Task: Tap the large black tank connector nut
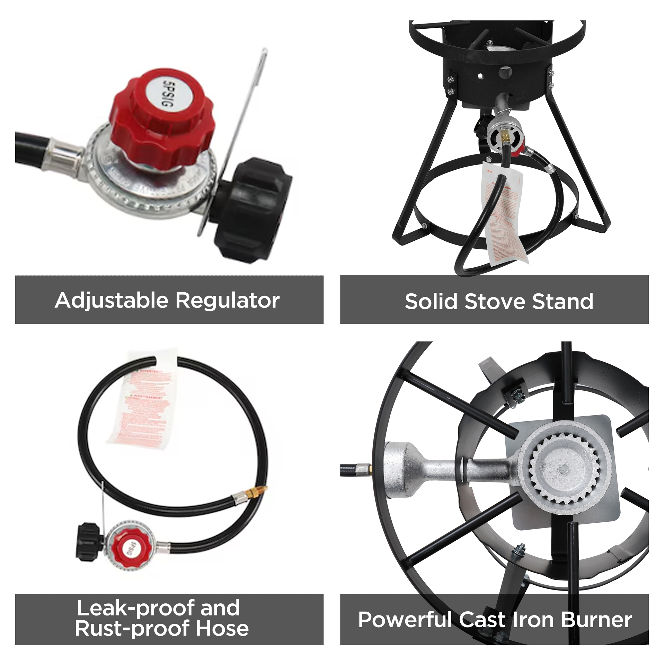click(251, 207)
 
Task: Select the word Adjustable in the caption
click(112, 300)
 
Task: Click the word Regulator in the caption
click(228, 300)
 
